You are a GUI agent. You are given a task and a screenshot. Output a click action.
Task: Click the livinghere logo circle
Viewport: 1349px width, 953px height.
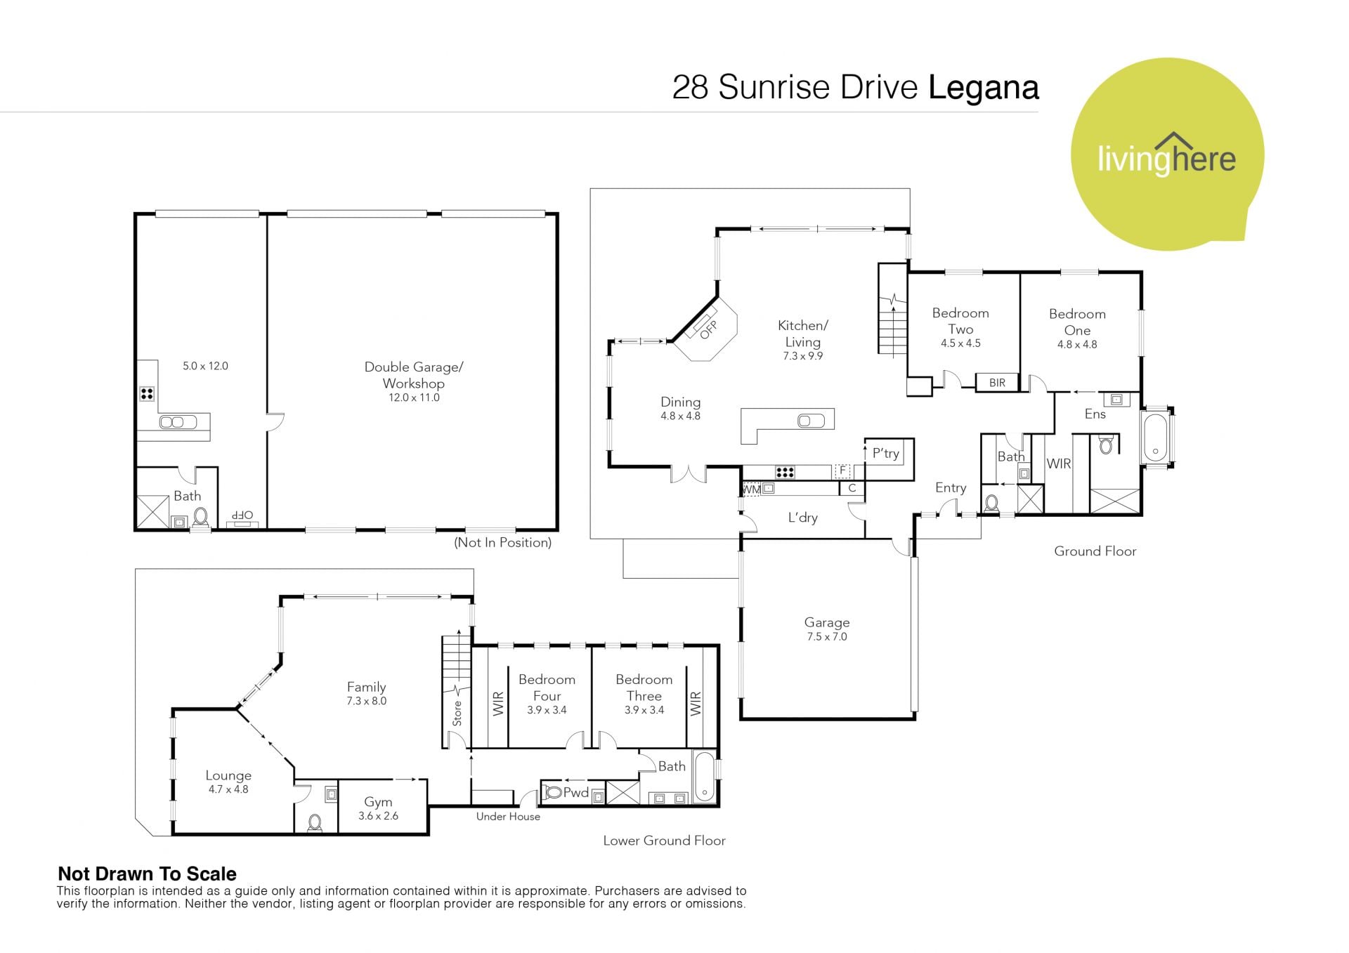(1167, 155)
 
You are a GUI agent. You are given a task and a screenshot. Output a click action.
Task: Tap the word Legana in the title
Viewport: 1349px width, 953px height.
(984, 88)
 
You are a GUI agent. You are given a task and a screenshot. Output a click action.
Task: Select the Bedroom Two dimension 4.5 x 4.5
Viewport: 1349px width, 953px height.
(960, 343)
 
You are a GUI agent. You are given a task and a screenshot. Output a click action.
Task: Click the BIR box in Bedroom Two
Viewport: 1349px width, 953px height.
(997, 383)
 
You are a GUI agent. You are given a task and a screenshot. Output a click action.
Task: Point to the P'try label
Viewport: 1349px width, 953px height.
(885, 454)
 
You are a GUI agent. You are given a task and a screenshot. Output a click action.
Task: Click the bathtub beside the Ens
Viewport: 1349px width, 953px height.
(1156, 437)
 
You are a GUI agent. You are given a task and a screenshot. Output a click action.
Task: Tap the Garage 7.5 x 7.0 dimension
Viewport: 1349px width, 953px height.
(827, 637)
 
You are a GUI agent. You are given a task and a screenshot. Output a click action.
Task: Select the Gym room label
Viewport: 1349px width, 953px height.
(378, 802)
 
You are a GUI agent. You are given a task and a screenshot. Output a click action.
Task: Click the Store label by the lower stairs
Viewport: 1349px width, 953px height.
(457, 713)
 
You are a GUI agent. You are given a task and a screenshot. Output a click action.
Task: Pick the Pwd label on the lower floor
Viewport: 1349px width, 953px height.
(575, 793)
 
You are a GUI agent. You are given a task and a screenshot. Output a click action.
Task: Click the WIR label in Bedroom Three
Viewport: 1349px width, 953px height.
(696, 704)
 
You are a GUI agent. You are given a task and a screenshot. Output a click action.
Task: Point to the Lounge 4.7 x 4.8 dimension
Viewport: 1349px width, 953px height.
(228, 789)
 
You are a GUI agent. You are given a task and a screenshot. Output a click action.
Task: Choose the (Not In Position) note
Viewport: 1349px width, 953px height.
(502, 542)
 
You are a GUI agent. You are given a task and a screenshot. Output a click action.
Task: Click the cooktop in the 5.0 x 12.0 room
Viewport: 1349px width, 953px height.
(147, 394)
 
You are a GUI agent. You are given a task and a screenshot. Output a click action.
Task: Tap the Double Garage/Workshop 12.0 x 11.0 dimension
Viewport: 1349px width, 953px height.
(414, 397)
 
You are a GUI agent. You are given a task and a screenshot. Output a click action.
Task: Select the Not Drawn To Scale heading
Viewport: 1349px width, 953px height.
(147, 874)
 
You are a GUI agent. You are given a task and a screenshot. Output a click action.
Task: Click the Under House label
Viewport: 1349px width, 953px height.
(508, 817)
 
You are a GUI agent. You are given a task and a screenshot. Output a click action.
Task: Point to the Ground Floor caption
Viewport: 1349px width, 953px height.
(1095, 551)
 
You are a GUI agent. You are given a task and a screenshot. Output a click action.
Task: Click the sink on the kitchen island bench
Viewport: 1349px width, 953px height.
(811, 421)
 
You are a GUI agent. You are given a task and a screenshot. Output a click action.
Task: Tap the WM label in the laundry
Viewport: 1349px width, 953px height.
(751, 489)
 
